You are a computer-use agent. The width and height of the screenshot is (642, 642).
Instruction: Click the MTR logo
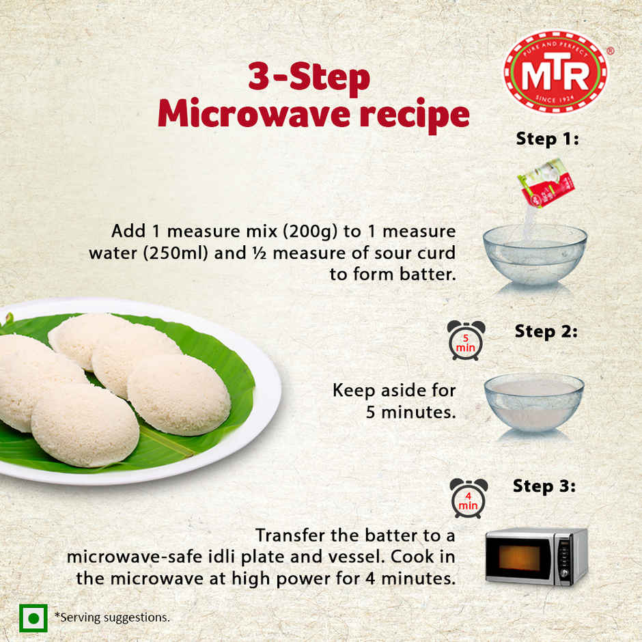[x=555, y=71]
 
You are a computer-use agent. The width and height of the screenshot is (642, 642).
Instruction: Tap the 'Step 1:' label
[x=547, y=139]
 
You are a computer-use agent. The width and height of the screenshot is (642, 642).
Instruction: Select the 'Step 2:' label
[x=546, y=332]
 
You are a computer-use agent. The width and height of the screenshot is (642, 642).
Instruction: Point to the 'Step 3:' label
[x=544, y=487]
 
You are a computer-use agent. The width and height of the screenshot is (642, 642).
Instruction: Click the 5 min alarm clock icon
[x=466, y=339]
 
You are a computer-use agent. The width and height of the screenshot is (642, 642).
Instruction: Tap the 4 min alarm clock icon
[x=469, y=497]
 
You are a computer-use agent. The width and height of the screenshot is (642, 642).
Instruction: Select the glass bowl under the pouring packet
[x=534, y=254]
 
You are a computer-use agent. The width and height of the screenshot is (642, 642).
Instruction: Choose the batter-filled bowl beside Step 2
[x=533, y=401]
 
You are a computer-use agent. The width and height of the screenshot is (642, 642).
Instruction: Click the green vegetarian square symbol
[x=33, y=617]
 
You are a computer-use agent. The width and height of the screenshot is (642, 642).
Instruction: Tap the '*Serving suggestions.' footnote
[x=112, y=617]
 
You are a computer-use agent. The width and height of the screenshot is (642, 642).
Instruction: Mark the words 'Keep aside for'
[x=393, y=391]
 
